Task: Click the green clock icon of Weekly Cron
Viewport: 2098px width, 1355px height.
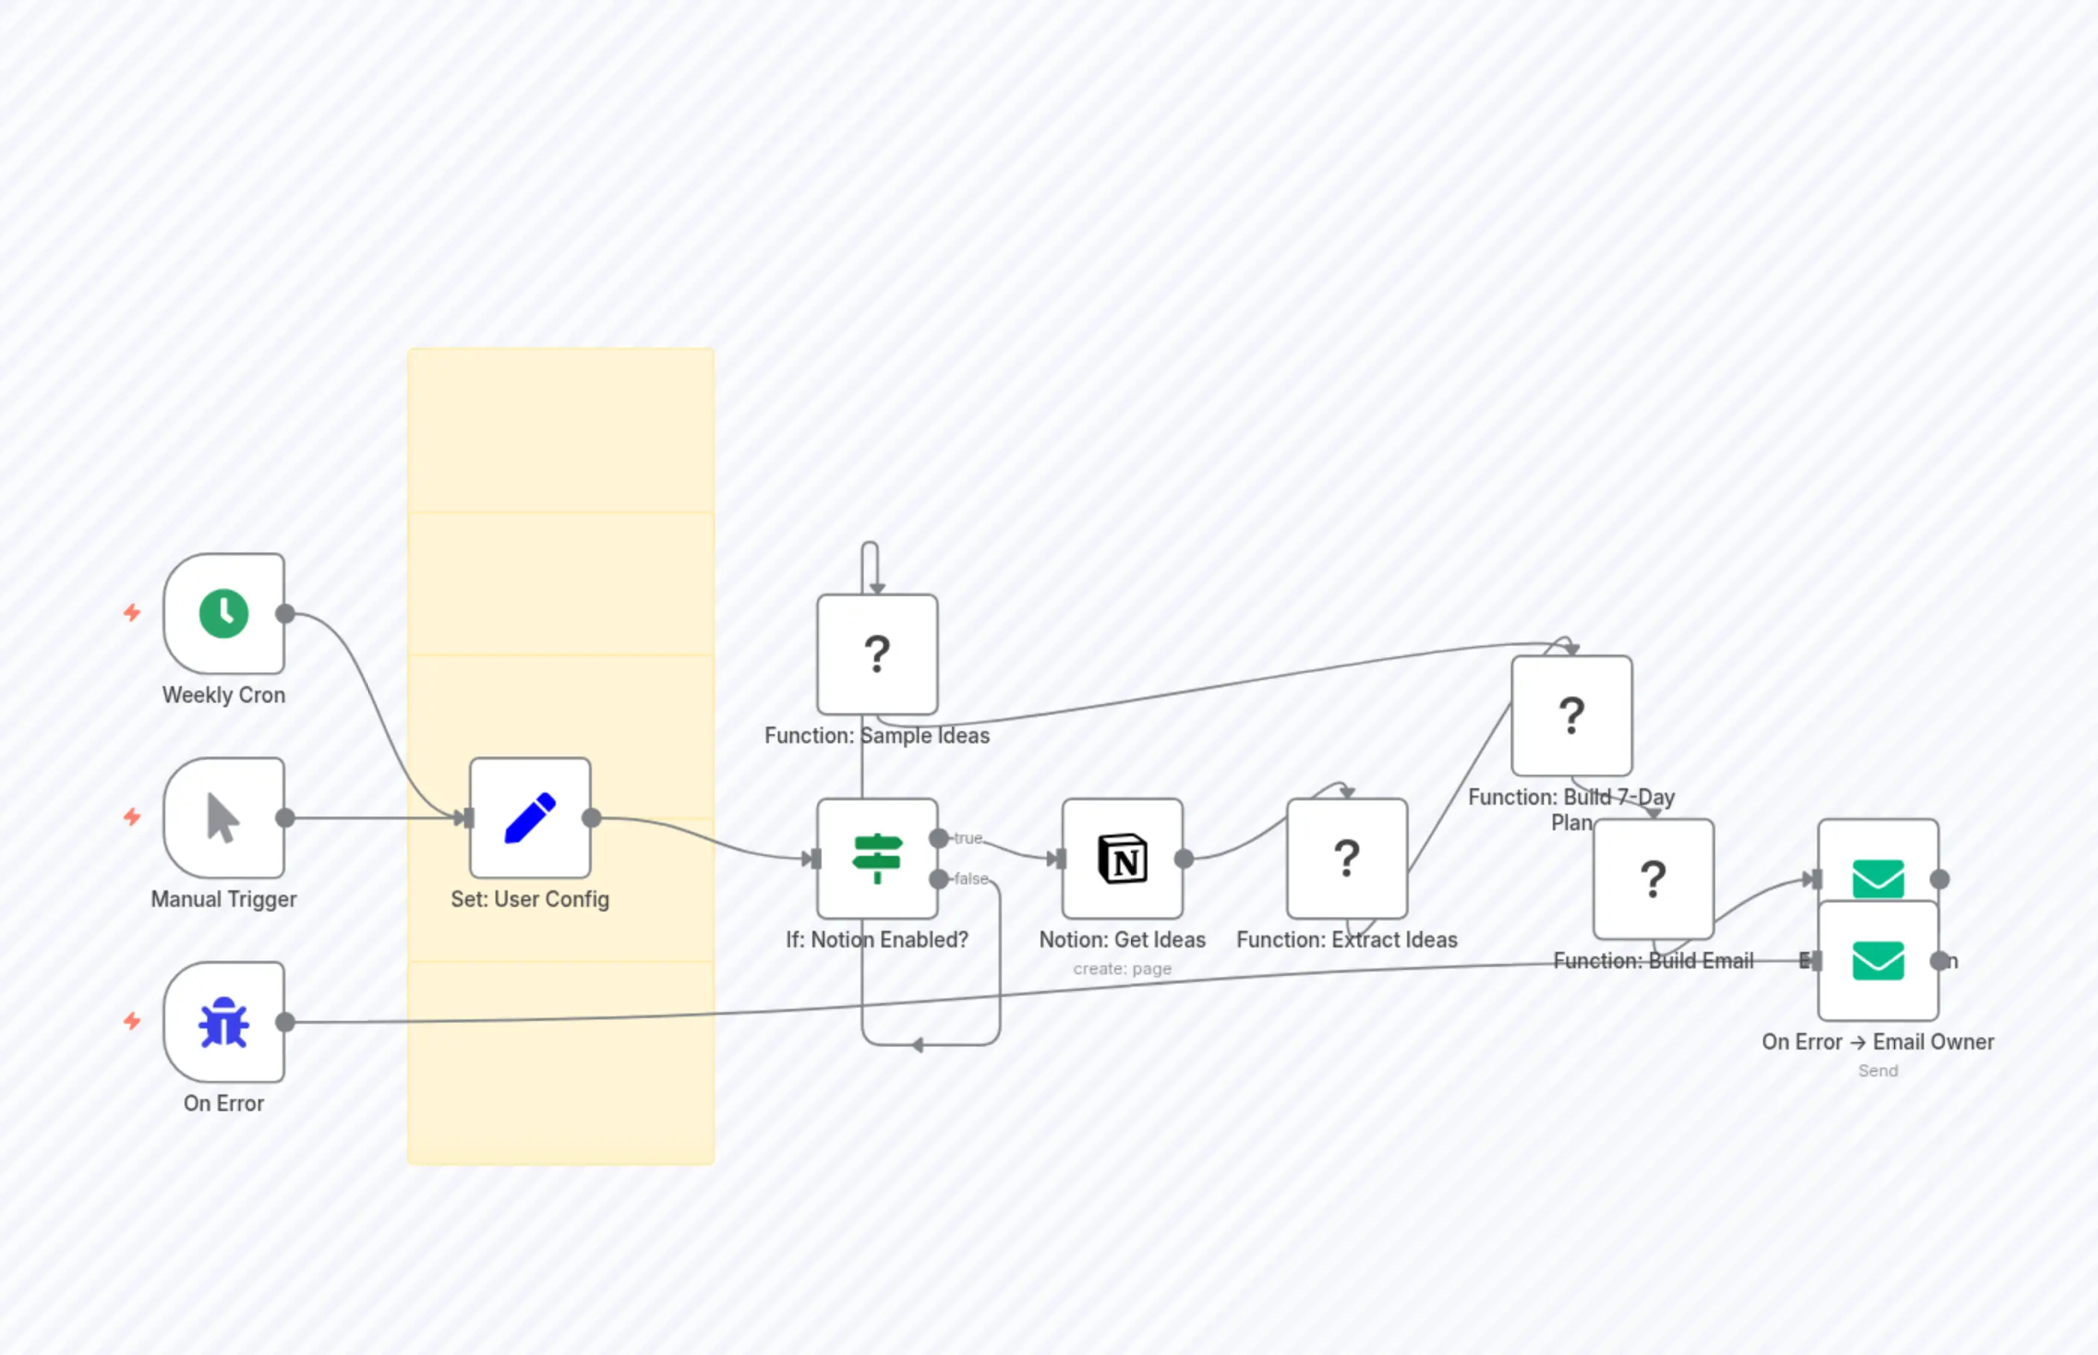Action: [x=224, y=613]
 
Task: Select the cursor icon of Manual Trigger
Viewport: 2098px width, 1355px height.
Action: [x=223, y=818]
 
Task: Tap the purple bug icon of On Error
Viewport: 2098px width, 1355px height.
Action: [x=224, y=1022]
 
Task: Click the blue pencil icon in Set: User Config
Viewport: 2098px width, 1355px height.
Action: [x=530, y=818]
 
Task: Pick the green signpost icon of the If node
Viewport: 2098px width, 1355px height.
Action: [x=877, y=858]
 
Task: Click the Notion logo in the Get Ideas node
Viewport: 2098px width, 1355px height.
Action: [x=1122, y=858]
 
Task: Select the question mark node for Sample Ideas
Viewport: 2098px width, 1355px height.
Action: [x=877, y=654]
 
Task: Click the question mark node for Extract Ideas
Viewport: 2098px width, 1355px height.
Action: [x=1346, y=858]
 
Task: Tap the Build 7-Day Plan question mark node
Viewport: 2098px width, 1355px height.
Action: [x=1572, y=715]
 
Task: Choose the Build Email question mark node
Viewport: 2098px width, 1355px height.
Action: [x=1653, y=878]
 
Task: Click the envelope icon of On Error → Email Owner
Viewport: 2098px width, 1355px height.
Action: [x=1878, y=960]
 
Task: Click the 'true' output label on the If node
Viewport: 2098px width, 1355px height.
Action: [x=968, y=839]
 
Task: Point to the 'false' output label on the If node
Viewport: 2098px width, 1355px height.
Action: [x=972, y=879]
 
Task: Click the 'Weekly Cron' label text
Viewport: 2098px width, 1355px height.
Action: [x=224, y=695]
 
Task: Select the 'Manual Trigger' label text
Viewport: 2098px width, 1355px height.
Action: [x=224, y=899]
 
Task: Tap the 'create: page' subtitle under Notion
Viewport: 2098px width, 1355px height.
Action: [x=1122, y=968]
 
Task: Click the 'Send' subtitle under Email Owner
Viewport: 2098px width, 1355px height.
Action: [x=1878, y=1070]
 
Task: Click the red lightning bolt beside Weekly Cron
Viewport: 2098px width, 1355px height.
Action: [x=132, y=613]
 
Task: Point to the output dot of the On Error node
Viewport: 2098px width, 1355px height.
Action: [x=285, y=1022]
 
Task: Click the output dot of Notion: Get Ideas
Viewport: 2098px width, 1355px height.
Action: [x=1184, y=858]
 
